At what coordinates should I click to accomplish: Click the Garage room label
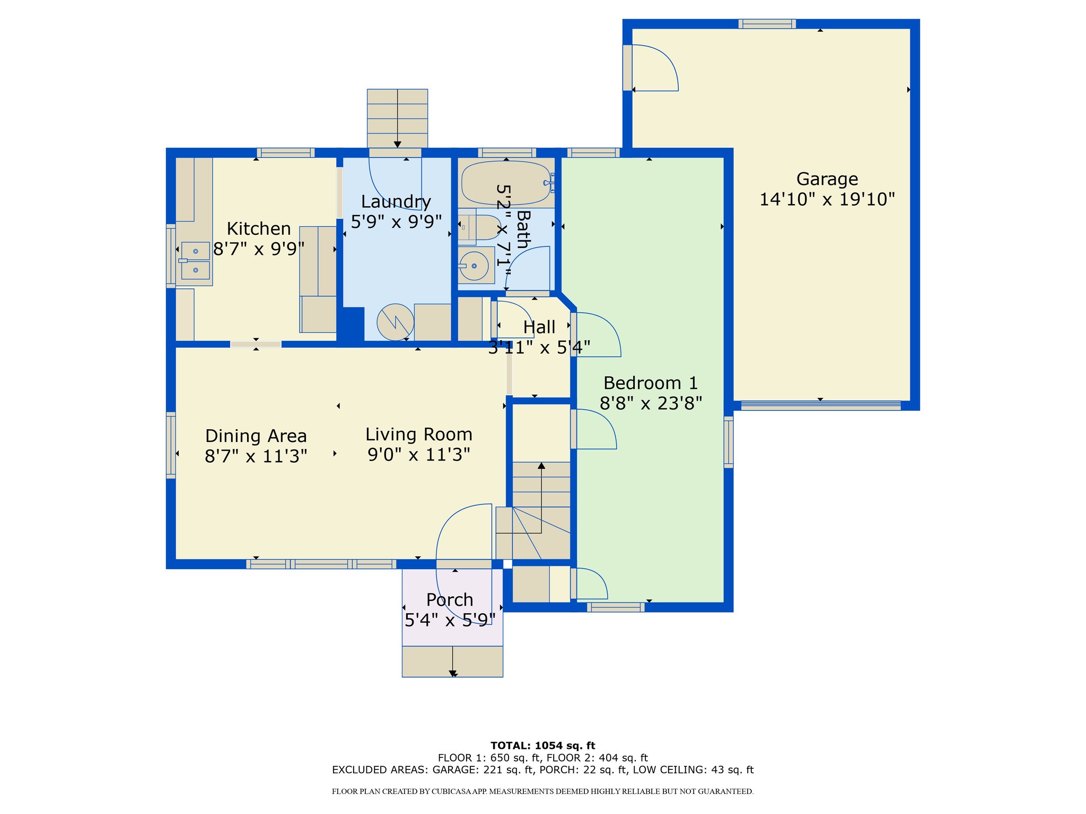[827, 180]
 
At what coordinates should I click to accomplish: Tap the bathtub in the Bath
[506, 183]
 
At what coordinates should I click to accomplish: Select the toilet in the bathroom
[479, 227]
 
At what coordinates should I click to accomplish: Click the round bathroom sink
[474, 266]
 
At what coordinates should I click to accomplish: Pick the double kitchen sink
[195, 261]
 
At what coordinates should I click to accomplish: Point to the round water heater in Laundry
[396, 322]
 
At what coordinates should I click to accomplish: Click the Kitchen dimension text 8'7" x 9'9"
[259, 249]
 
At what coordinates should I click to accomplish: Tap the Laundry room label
[396, 202]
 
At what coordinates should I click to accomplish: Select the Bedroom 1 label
[651, 383]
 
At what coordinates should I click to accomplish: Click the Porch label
[450, 599]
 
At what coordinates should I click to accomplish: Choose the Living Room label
[419, 435]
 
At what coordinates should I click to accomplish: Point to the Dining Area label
[256, 436]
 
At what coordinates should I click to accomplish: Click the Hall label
[539, 328]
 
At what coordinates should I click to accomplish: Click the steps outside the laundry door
[397, 118]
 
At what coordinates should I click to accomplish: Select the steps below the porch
[452, 661]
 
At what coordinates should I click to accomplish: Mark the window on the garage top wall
[767, 24]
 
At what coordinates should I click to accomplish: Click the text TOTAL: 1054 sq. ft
[543, 746]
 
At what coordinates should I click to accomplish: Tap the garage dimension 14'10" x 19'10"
[827, 200]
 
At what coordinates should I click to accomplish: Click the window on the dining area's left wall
[171, 445]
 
